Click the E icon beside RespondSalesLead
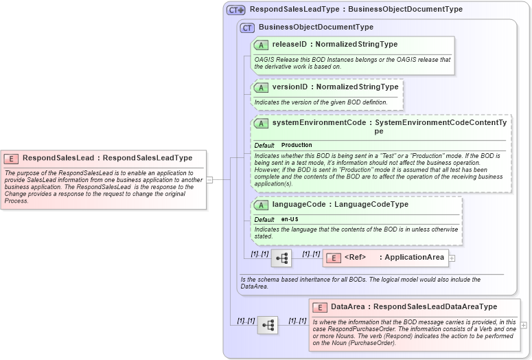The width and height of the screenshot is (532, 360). pos(13,158)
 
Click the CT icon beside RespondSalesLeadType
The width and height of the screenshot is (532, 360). pos(236,10)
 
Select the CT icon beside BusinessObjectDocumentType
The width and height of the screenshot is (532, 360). pos(247,27)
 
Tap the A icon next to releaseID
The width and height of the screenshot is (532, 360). pos(261,45)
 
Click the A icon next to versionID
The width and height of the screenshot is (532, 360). pos(261,87)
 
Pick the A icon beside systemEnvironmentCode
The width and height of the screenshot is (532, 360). pos(261,123)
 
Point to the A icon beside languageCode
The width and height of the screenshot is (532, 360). pos(261,205)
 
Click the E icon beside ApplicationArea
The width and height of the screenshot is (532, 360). pos(333,258)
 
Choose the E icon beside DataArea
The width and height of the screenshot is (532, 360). pos(319,307)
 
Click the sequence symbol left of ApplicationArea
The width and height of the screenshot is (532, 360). pos(281,258)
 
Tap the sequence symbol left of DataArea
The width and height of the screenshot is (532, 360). pos(267,325)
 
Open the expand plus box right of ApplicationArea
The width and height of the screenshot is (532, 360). pos(452,258)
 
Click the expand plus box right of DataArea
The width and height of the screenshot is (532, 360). pos(524,325)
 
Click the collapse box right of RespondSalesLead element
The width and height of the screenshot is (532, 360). pos(209,180)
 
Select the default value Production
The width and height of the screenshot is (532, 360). pos(297,146)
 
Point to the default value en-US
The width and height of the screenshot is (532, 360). pos(290,219)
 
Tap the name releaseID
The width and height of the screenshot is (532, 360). pos(288,45)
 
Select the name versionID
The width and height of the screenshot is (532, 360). pos(288,87)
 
